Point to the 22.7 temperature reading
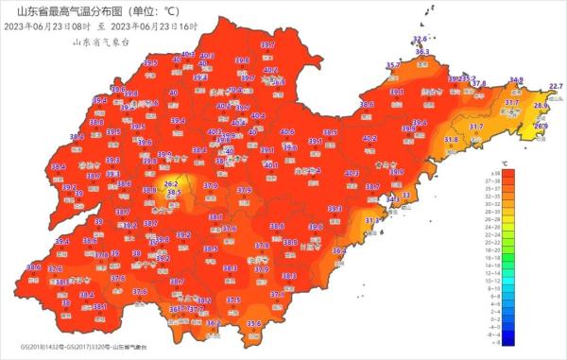coord(556,87)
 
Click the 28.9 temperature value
coord(541,106)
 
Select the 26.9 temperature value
coord(541,126)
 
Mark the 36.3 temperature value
coord(421,52)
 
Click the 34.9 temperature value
coord(516,80)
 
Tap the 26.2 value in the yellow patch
coord(171,183)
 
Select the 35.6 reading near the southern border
coord(253,324)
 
